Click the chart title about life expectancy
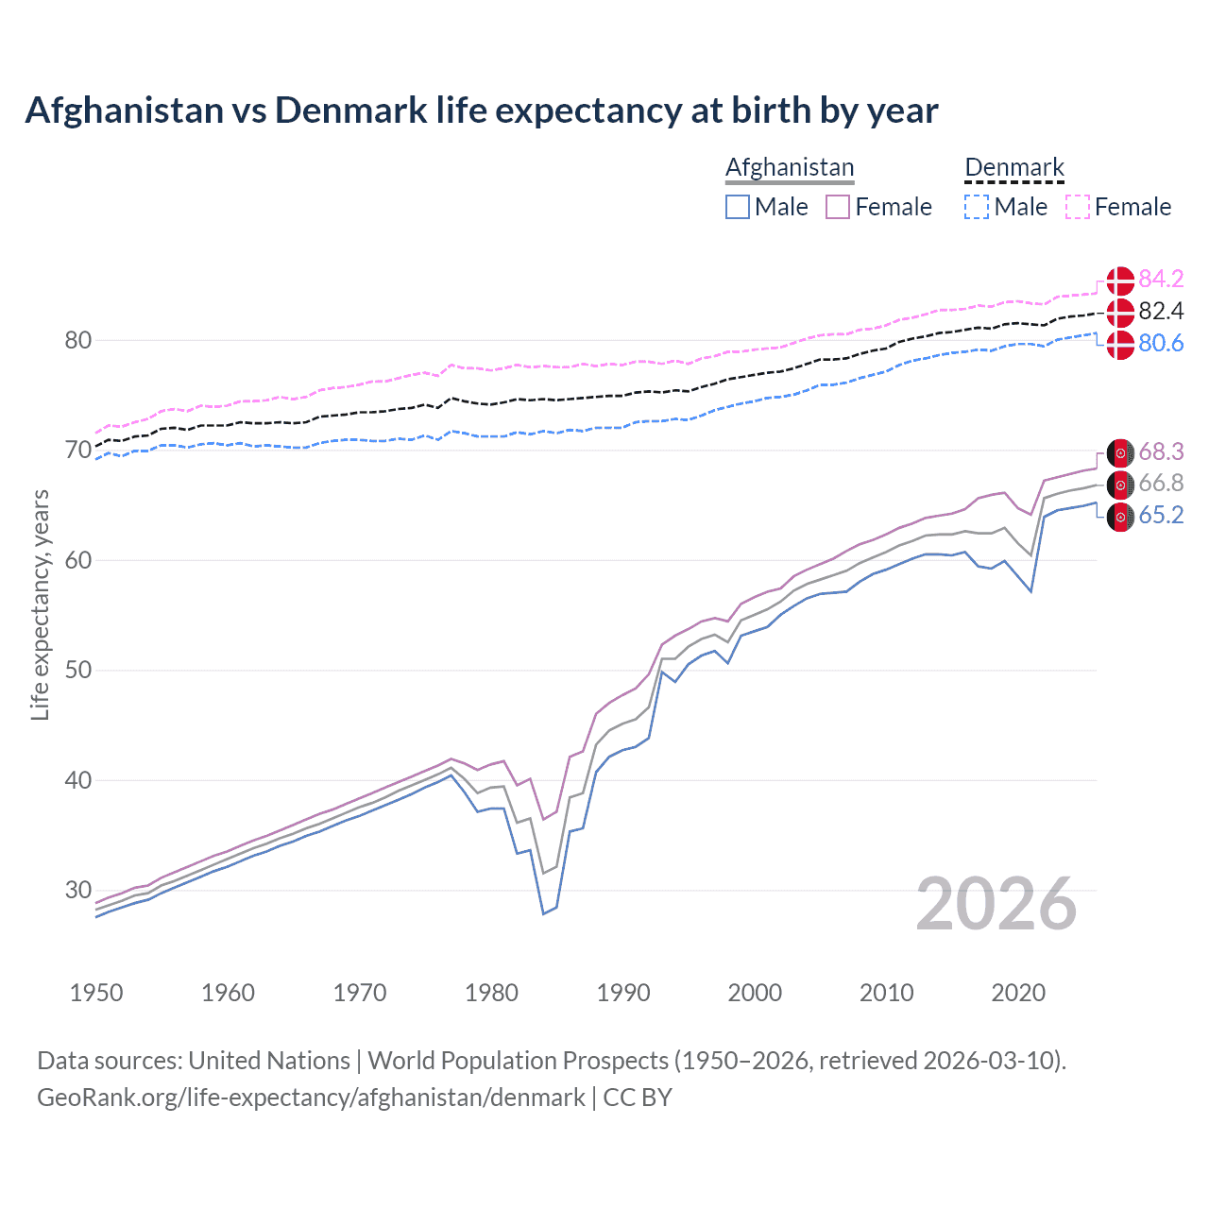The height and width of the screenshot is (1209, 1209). (x=482, y=111)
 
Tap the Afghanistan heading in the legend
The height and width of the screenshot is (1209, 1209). (x=790, y=167)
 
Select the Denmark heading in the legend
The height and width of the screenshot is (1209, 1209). (x=1014, y=167)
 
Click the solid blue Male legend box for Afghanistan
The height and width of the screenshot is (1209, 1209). (x=738, y=207)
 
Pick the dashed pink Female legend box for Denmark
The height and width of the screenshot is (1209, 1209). (x=1078, y=207)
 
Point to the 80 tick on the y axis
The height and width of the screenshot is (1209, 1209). (x=77, y=340)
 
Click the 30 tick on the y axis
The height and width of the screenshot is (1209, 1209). (x=77, y=890)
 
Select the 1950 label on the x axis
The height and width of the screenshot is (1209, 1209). (x=96, y=993)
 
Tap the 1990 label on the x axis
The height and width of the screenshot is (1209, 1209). (x=623, y=993)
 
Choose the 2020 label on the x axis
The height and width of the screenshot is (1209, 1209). (x=1018, y=993)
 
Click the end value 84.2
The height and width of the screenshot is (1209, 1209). (x=1161, y=279)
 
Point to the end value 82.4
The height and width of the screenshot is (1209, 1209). (x=1161, y=311)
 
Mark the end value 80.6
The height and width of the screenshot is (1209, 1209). (x=1161, y=343)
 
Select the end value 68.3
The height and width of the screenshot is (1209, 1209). (x=1161, y=451)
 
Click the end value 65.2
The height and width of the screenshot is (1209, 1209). (x=1161, y=515)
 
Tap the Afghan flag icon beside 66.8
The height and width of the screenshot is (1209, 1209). (x=1120, y=485)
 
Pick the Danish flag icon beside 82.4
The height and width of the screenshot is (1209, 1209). (x=1120, y=312)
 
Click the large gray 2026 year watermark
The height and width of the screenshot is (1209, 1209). (x=996, y=904)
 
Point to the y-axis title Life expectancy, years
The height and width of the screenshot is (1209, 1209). (x=40, y=604)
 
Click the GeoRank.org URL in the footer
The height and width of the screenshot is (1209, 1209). (x=311, y=1098)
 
